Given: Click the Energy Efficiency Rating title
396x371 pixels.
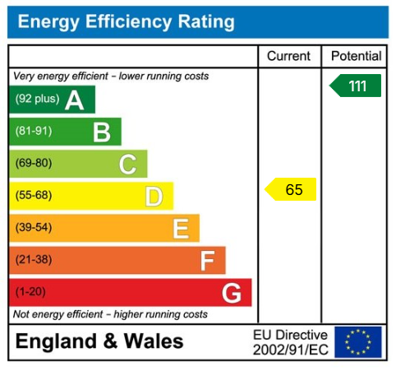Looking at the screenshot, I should [x=126, y=21].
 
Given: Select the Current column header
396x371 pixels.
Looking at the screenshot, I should [x=289, y=57].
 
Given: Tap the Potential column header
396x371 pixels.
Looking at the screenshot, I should [x=356, y=57].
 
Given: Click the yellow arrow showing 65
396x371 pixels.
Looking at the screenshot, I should [x=292, y=189].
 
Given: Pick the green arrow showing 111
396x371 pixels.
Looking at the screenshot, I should [x=356, y=86].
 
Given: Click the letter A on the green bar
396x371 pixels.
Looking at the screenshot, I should [x=75, y=100].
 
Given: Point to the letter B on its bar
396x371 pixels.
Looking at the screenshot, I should [x=101, y=132].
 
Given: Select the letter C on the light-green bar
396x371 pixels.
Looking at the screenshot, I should [x=127, y=164].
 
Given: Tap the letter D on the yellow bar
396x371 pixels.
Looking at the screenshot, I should [x=154, y=196].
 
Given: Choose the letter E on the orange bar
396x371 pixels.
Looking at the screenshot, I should [x=181, y=228].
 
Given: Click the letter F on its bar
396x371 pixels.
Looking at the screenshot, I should [x=207, y=261].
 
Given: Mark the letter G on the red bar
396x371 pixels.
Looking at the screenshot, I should [x=232, y=292].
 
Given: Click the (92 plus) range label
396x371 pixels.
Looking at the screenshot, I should [x=37, y=100].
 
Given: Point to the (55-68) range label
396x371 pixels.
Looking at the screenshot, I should [x=33, y=196].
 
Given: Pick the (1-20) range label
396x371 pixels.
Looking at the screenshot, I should [x=30, y=292].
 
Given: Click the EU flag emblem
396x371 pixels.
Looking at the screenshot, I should [x=358, y=342].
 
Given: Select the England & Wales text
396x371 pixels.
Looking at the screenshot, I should [x=99, y=342].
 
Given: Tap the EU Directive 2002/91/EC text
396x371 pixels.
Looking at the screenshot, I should [x=290, y=342].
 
